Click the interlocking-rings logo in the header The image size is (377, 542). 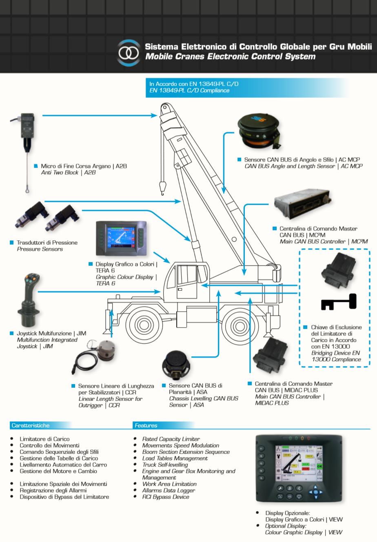129,53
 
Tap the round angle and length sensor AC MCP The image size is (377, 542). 259,129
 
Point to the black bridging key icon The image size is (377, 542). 339,303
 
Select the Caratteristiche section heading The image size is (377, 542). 31,425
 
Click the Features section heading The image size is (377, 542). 146,425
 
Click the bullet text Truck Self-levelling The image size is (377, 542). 165,465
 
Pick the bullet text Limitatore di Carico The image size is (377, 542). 44,439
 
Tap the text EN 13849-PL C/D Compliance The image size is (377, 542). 189,91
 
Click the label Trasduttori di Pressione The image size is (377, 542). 47,243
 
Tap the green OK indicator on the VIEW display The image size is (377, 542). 319,466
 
